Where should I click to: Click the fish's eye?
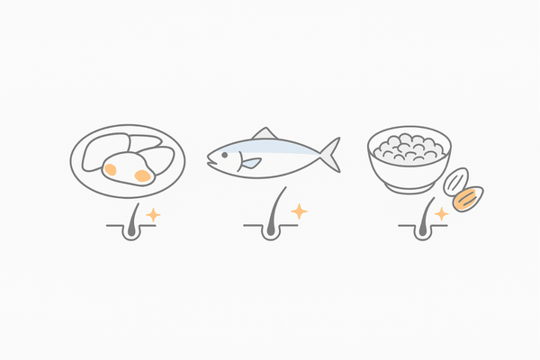221,154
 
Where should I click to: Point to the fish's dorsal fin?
265,133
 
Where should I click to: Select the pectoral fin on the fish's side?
250,163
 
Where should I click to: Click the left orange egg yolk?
110,168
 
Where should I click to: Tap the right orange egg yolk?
142,175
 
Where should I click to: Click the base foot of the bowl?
409,187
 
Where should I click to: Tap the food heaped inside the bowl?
409,144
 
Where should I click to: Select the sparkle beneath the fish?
298,211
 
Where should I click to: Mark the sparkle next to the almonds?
441,214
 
